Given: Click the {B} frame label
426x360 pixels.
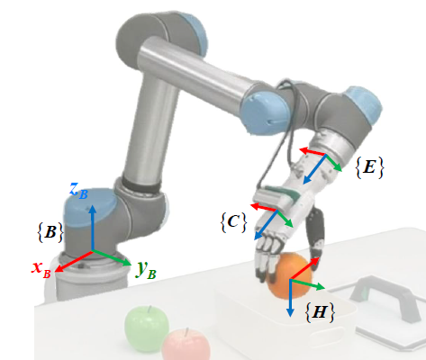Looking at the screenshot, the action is (x=50, y=232).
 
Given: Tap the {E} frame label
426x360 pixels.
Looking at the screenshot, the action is (x=369, y=167).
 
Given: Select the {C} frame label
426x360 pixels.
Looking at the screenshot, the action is (x=233, y=222).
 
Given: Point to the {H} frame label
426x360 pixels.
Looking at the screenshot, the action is (x=320, y=312).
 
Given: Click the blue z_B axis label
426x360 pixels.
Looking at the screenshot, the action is (x=78, y=191).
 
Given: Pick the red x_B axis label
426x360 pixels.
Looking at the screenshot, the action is (x=41, y=269).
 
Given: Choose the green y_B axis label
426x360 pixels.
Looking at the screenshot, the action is (x=145, y=269).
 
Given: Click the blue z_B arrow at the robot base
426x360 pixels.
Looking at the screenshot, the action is (x=93, y=228).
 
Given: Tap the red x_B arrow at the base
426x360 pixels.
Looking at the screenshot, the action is (x=74, y=261).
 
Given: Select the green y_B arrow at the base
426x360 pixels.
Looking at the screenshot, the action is (x=112, y=257).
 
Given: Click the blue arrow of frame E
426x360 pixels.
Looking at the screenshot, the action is (x=314, y=169).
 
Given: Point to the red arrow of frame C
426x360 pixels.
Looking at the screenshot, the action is (x=264, y=207).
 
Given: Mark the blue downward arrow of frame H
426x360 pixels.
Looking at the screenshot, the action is (x=290, y=298).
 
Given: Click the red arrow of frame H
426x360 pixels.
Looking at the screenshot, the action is (x=304, y=269).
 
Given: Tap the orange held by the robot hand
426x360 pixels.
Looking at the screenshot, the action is (x=288, y=276).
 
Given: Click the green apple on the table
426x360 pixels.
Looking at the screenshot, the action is (x=147, y=328).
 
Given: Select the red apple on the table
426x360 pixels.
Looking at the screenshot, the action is (x=186, y=345).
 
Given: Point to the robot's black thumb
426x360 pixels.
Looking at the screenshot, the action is (x=315, y=234).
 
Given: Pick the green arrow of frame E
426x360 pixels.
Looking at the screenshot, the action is (x=334, y=163).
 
